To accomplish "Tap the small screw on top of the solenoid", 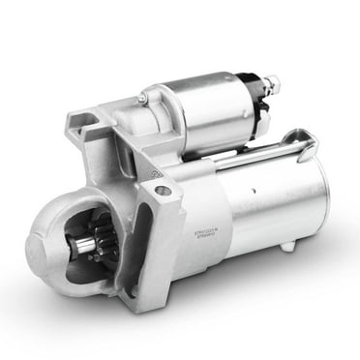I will click(141, 98).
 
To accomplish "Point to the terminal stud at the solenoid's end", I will click(272, 85).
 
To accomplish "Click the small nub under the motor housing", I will click(286, 247).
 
